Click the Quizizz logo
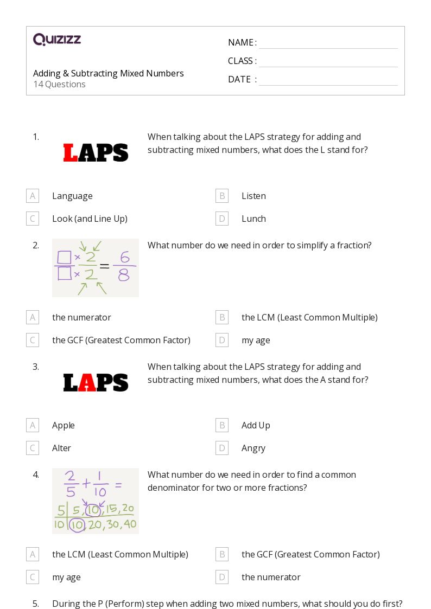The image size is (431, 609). pyautogui.click(x=57, y=40)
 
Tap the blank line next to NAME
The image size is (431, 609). pyautogui.click(x=328, y=43)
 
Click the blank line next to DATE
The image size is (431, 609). pyautogui.click(x=328, y=80)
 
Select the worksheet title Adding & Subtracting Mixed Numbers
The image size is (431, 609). pyautogui.click(x=108, y=73)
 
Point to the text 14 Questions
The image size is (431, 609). pyautogui.click(x=59, y=85)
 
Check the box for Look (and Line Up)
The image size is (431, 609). pyautogui.click(x=33, y=219)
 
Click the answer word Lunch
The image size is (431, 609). pyautogui.click(x=253, y=219)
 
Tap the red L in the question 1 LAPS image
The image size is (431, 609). pyautogui.click(x=71, y=153)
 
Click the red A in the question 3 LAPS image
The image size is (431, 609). pyautogui.click(x=87, y=383)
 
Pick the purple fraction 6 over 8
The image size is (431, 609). pyautogui.click(x=124, y=268)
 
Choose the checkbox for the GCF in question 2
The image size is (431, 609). pyautogui.click(x=33, y=340)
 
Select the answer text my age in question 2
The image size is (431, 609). pyautogui.click(x=256, y=340)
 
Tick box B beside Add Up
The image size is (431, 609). pyautogui.click(x=221, y=425)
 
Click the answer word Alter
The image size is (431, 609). pyautogui.click(x=61, y=448)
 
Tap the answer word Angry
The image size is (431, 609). pyautogui.click(x=253, y=448)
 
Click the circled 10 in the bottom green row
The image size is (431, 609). pyautogui.click(x=77, y=524)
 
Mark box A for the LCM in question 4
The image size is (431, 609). pyautogui.click(x=33, y=554)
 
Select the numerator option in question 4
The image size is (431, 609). pyautogui.click(x=271, y=577)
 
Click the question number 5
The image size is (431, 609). pyautogui.click(x=35, y=604)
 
